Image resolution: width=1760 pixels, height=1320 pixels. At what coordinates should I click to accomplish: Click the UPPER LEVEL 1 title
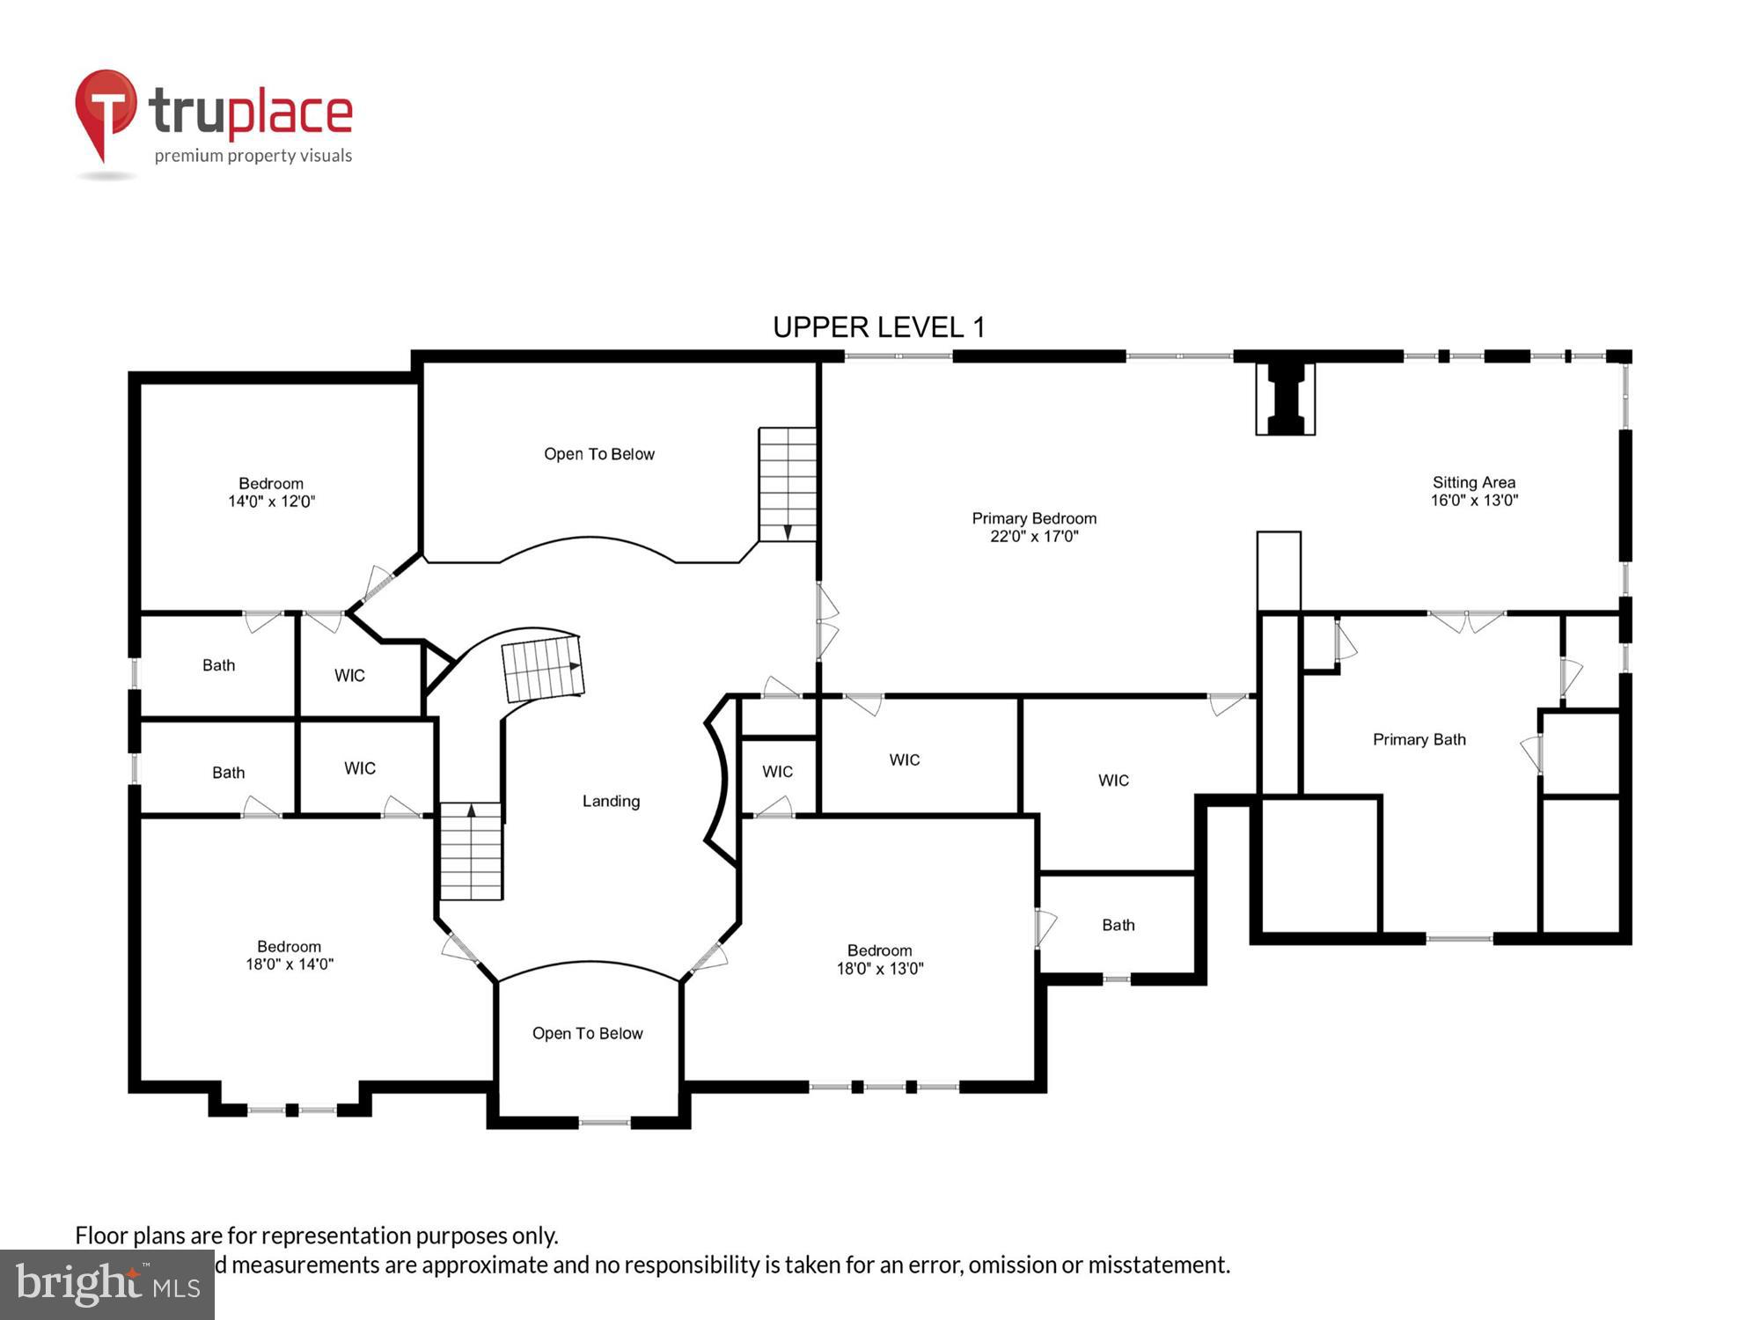tap(878, 327)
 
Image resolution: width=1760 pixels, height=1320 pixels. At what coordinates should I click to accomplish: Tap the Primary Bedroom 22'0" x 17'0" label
tap(1034, 527)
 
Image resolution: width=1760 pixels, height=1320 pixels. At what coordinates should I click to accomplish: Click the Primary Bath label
tap(1419, 739)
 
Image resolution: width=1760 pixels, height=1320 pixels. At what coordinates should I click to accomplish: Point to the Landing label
tap(611, 801)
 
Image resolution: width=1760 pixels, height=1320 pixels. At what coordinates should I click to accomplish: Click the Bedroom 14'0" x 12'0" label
tap(271, 492)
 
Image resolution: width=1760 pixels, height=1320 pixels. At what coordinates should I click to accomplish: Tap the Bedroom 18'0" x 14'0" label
tap(289, 955)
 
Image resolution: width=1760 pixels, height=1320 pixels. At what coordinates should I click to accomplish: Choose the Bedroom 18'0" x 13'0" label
tap(879, 959)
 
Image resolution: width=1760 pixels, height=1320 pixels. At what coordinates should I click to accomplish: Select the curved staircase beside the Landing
tap(541, 669)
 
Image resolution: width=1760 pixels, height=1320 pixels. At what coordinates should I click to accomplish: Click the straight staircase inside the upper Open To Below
tap(788, 484)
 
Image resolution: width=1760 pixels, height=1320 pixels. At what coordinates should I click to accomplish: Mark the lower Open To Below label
tap(587, 1033)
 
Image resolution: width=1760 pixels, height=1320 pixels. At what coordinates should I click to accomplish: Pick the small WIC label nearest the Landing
tap(777, 772)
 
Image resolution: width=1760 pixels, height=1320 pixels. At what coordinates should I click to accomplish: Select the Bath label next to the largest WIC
tap(1118, 925)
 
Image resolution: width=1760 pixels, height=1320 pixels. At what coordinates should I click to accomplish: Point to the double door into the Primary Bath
tap(1466, 621)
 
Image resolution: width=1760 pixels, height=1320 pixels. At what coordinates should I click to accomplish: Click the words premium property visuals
tap(253, 156)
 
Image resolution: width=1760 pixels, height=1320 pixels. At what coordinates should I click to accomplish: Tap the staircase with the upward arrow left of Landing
tap(471, 851)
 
